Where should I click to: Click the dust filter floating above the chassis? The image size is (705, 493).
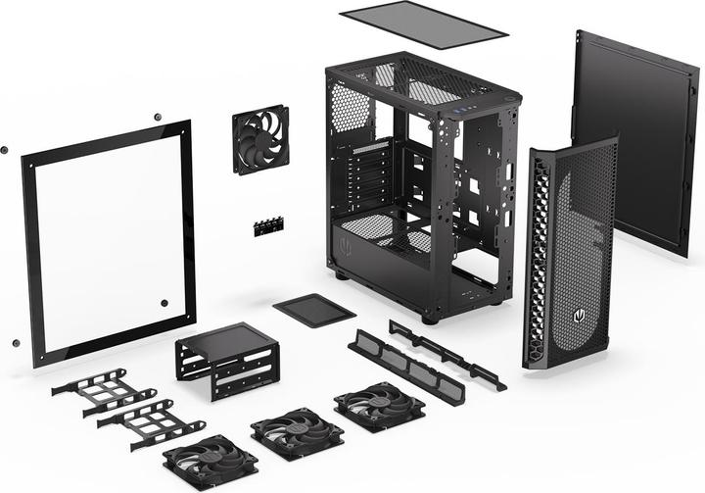click(422, 24)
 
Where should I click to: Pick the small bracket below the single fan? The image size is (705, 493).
click(266, 226)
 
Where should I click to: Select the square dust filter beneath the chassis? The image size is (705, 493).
click(314, 309)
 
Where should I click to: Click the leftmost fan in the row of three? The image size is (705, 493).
click(210, 463)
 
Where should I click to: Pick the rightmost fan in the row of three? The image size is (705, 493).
click(379, 405)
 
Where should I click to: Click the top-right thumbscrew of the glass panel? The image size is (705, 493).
click(158, 118)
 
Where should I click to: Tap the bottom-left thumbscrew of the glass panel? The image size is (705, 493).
click(16, 343)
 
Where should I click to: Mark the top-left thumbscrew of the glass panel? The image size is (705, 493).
click(4, 150)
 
